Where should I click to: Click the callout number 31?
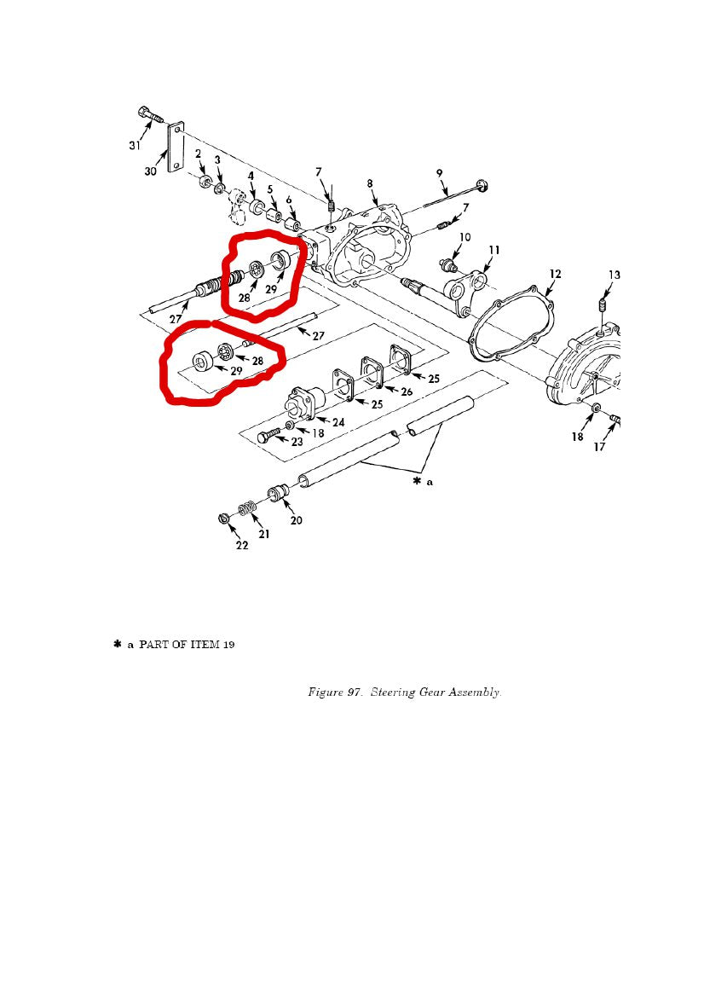click(x=135, y=146)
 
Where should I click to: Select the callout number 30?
click(x=150, y=171)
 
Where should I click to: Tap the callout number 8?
click(x=370, y=183)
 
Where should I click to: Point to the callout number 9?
click(x=440, y=173)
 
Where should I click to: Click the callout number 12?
click(x=555, y=274)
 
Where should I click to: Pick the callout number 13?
click(x=614, y=275)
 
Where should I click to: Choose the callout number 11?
click(x=493, y=249)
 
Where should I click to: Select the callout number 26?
click(x=407, y=391)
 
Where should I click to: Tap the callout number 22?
click(x=242, y=545)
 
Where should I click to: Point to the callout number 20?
click(x=296, y=520)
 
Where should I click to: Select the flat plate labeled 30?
click(x=176, y=146)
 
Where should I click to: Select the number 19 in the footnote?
click(x=228, y=645)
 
